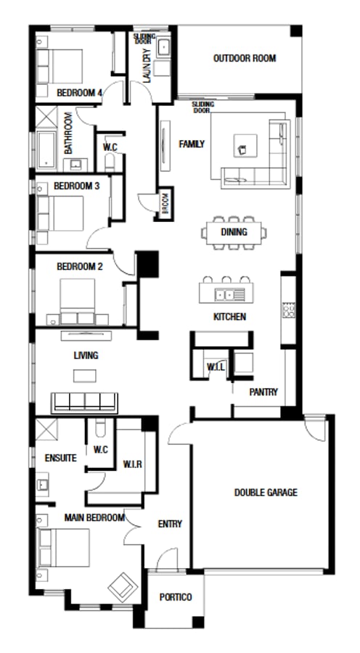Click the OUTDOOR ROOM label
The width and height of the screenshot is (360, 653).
(244, 59)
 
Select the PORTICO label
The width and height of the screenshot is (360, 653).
(176, 597)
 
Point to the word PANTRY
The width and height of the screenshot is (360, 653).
(263, 392)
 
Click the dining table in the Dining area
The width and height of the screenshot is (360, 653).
(234, 232)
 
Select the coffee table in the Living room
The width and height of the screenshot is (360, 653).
(84, 375)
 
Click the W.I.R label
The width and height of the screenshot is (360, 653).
(132, 463)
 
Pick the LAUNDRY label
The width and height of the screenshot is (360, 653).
(147, 66)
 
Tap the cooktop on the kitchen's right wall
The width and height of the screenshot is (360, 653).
(288, 310)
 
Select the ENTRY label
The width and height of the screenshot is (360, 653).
(170, 524)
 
